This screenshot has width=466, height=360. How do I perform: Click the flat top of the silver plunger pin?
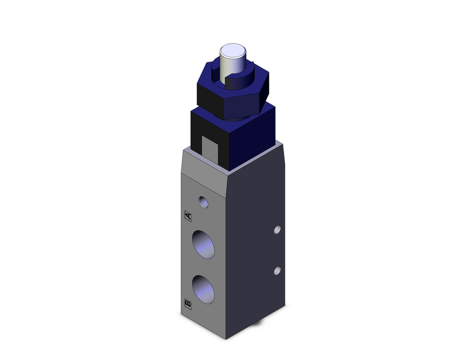[x=233, y=50]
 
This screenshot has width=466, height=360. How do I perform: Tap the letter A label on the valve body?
[x=188, y=216]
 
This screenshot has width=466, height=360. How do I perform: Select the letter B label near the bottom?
[x=188, y=304]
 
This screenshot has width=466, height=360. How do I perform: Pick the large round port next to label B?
[x=203, y=289]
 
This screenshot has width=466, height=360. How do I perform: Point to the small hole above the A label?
[x=203, y=201]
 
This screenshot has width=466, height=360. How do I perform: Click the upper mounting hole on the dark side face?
[x=277, y=229]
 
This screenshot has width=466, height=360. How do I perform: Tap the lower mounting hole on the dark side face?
[x=277, y=270]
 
